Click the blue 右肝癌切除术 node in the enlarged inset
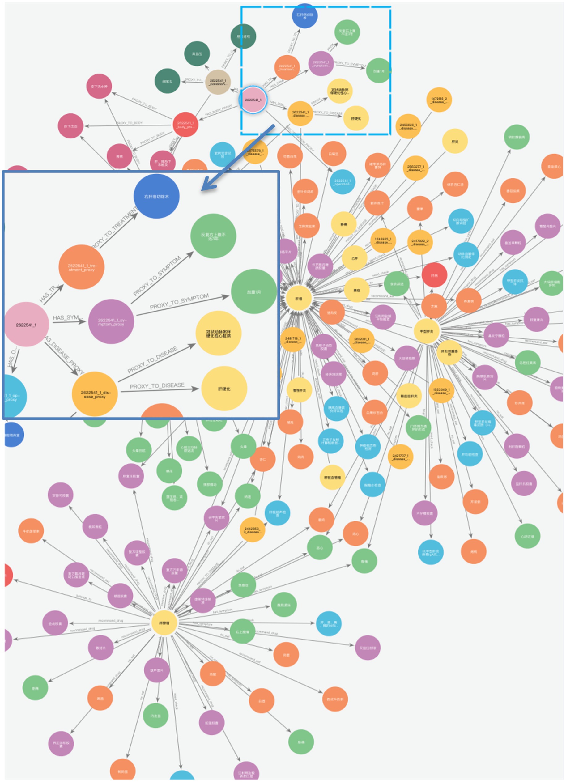pos(156,196)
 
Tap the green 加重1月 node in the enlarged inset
pos(253,292)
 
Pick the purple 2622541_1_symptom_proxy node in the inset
pos(111,321)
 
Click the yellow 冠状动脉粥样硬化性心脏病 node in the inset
pos(218,333)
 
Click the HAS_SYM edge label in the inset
pos(68,317)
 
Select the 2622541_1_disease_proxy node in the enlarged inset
pos(95,394)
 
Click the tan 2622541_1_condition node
pos(218,82)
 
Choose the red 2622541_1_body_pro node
pos(185,125)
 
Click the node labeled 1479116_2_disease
pos(439,100)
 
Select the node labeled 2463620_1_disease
pos(408,126)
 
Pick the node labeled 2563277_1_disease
pos(416,168)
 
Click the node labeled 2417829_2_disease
pos(420,242)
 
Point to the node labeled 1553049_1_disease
pos(441,391)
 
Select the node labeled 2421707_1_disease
pos(400,457)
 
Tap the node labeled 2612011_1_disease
pos(361,340)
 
